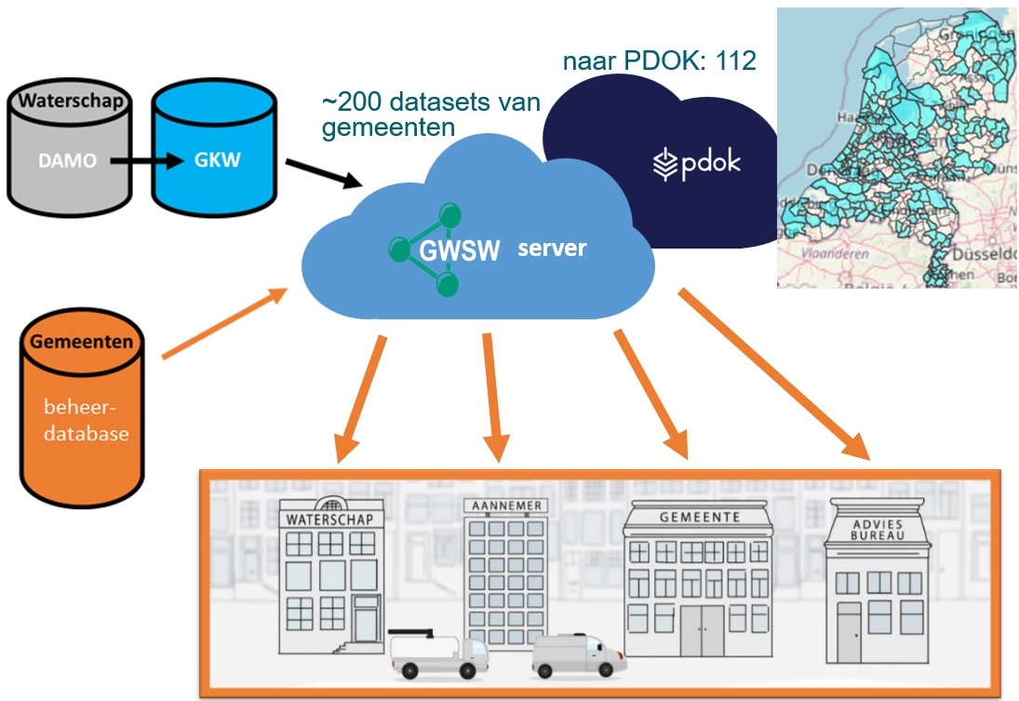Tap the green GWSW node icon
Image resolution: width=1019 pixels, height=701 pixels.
tap(425, 249)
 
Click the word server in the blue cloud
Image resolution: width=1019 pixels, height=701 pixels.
tap(552, 249)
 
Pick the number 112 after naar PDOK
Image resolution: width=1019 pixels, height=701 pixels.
tap(734, 62)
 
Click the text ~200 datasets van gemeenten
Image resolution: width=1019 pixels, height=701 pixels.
tap(430, 115)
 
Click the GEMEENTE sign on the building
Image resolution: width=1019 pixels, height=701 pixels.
tap(699, 517)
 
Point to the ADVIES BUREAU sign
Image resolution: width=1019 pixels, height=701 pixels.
tap(878, 531)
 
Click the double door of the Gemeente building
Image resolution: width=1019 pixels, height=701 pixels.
tap(700, 632)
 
